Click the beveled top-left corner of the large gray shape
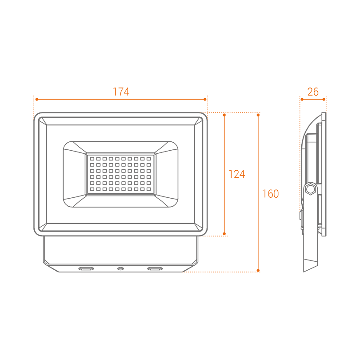(x=36, y=109)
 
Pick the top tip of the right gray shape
(x=319, y=108)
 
